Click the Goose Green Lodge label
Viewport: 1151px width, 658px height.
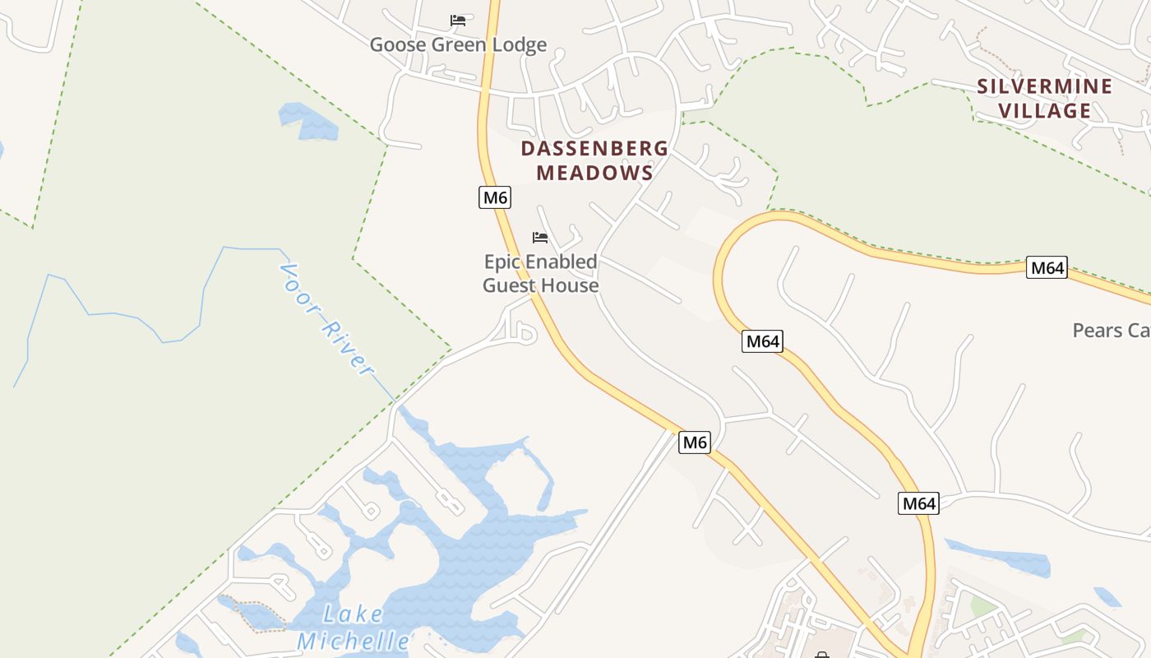click(x=458, y=44)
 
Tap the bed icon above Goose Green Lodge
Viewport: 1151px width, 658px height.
click(x=458, y=20)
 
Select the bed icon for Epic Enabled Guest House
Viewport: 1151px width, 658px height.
click(x=540, y=238)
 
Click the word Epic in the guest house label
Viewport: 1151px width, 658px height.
click(x=502, y=262)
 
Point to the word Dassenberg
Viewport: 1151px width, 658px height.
click(x=594, y=149)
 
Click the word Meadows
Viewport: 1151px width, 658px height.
click(x=594, y=173)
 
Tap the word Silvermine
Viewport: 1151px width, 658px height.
click(x=1044, y=86)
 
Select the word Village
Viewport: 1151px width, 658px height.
click(x=1044, y=110)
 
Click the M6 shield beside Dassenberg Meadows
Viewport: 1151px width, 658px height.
click(x=495, y=197)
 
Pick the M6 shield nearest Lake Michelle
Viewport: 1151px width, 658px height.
click(x=695, y=443)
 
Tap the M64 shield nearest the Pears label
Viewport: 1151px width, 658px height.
click(x=1047, y=267)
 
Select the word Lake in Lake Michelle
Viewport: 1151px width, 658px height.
click(x=354, y=614)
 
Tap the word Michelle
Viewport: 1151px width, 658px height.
click(x=354, y=641)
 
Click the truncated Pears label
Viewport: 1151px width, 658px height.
click(x=1111, y=331)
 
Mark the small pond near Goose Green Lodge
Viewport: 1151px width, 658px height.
click(x=309, y=121)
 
